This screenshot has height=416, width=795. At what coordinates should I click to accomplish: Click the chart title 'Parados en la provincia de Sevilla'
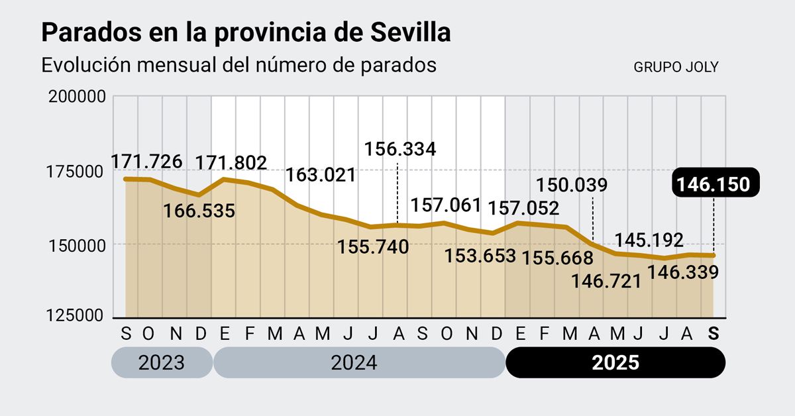[x=246, y=32]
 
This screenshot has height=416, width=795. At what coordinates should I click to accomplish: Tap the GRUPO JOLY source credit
[x=676, y=67]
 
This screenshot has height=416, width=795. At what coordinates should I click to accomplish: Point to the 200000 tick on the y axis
[x=78, y=97]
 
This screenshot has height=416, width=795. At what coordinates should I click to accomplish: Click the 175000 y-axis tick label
[x=78, y=171]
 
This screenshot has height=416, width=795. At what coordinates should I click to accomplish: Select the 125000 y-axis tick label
[x=78, y=315]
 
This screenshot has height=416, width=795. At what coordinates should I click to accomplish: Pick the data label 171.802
[x=231, y=162]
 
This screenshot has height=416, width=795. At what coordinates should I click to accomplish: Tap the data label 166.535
[x=199, y=211]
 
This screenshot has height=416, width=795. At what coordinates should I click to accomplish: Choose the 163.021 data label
[x=321, y=176]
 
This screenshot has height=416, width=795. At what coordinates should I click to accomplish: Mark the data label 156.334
[x=400, y=149]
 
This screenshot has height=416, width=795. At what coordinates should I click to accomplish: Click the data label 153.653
[x=480, y=256]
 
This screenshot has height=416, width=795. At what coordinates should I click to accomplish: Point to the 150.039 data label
[x=571, y=184]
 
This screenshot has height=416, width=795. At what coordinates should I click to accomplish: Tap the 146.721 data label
[x=607, y=281]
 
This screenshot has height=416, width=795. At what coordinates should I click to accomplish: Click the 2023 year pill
[x=162, y=363]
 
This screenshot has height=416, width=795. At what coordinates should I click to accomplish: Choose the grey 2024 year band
[x=358, y=363]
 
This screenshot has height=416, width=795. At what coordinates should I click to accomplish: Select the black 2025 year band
[x=615, y=363]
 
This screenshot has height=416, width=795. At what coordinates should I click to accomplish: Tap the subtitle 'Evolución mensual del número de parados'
[x=238, y=66]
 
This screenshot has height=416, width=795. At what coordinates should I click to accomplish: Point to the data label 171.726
[x=145, y=162]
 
